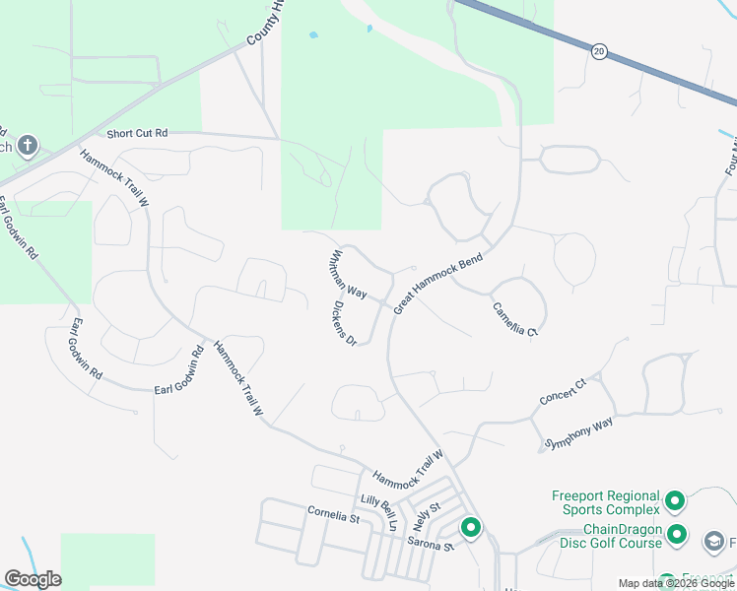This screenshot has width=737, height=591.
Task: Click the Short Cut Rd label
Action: coord(138,134)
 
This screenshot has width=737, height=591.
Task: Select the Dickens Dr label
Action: coord(342,322)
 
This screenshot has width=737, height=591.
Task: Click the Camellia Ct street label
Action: coord(516,319)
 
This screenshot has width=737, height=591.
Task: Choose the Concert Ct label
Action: coord(563,391)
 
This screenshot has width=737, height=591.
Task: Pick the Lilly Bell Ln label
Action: coord(377,513)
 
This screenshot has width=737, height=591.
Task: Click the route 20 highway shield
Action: coord(599,51)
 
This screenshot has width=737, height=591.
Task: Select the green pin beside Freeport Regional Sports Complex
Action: coord(675,502)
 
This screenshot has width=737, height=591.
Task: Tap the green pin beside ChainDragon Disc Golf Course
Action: coord(677,535)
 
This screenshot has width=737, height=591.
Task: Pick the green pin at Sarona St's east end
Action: coord(471,529)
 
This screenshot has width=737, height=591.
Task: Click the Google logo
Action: coord(33,579)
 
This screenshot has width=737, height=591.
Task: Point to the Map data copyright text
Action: coord(676,583)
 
